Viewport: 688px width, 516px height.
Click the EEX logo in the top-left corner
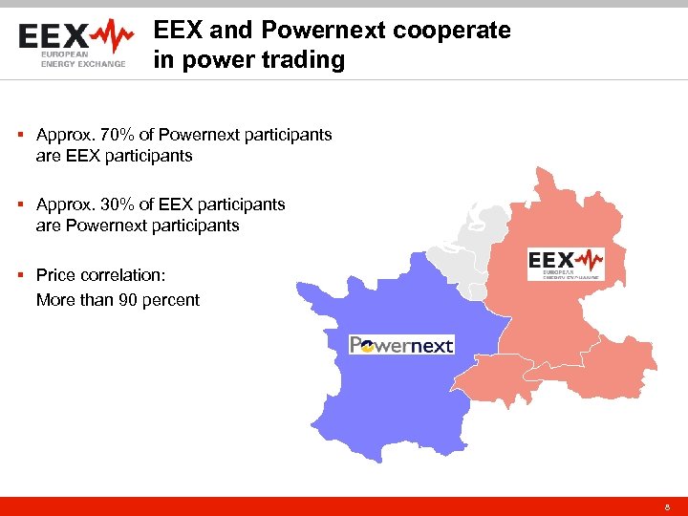point(76,46)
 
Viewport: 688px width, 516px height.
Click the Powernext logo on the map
point(401,344)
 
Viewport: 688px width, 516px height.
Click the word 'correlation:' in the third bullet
point(120,275)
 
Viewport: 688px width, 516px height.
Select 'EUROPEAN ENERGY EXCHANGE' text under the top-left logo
point(82,60)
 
